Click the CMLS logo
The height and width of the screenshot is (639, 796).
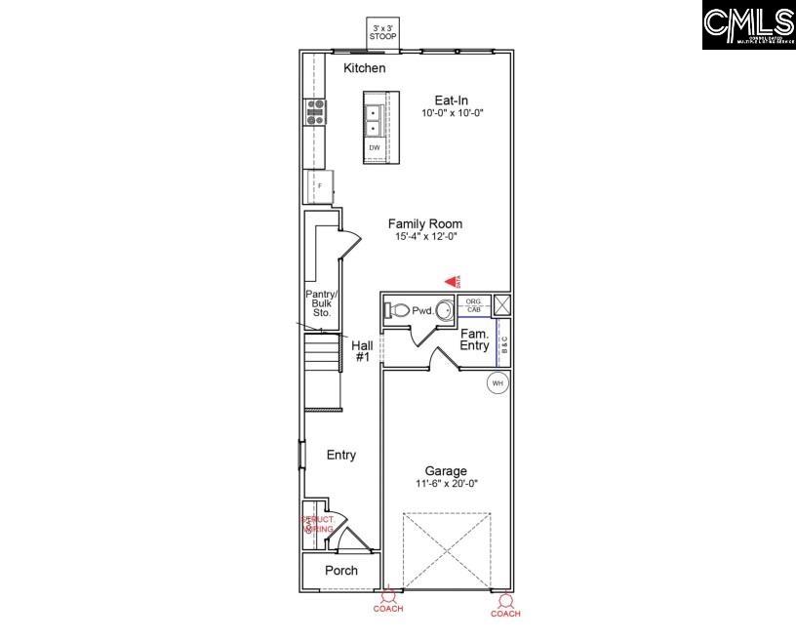point(748,25)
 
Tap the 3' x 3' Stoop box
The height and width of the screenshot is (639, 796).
point(382,32)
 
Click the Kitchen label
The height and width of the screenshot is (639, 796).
point(364,68)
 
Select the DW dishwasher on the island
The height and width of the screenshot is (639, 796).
point(375,148)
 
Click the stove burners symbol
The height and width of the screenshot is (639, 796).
point(316,112)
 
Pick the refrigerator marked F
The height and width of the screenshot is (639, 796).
point(318,185)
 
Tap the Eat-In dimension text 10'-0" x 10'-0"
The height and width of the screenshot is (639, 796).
point(453,113)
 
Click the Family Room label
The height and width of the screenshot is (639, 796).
point(424,223)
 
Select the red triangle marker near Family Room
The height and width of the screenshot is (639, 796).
point(452,281)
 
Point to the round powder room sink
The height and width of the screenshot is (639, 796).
point(444,311)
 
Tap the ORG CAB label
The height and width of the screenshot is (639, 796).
point(473,305)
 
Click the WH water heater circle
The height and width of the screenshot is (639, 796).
point(497,383)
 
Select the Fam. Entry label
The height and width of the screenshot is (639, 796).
point(475,339)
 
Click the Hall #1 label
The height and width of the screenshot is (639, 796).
point(362,351)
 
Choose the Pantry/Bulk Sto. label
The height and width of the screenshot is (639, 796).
point(320,303)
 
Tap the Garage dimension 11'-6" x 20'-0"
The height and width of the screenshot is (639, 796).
point(445,484)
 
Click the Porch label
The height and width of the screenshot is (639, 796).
point(339,571)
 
